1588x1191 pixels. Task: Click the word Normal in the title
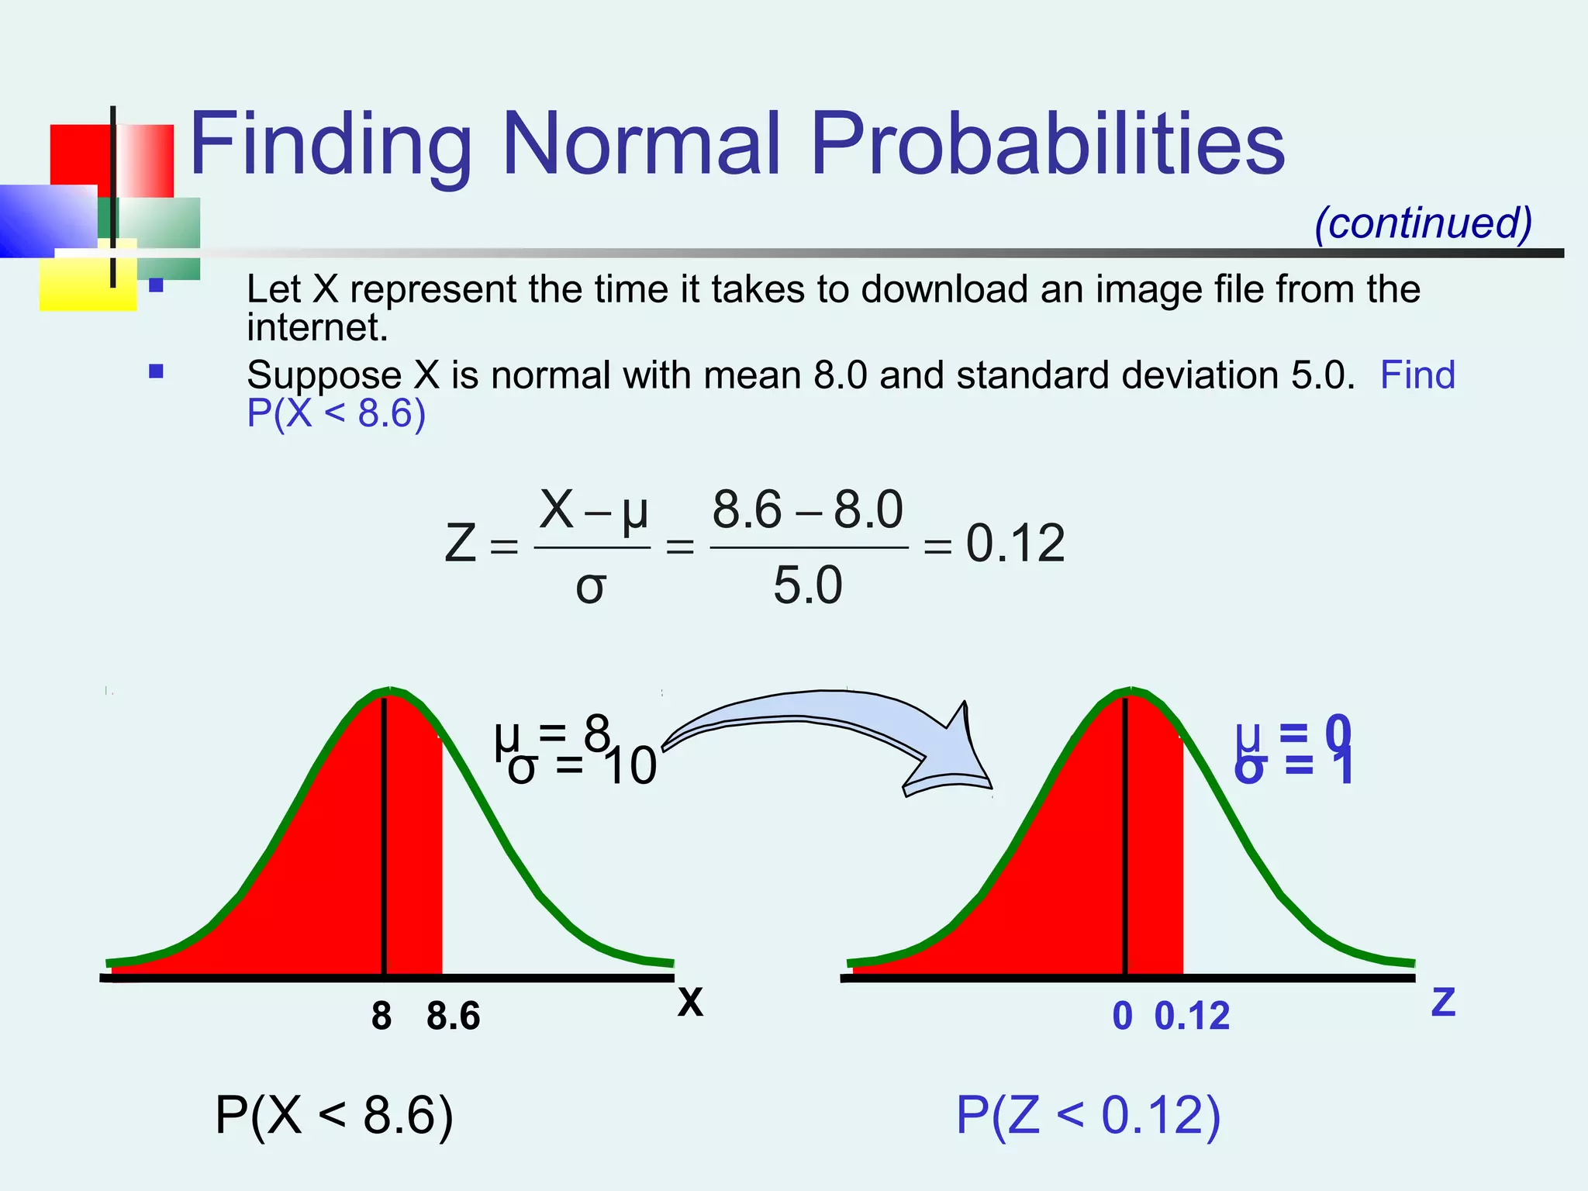[x=640, y=144]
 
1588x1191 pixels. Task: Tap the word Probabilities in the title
[x=1047, y=144]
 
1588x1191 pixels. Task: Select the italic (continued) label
[x=1423, y=223]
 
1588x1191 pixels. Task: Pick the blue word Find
[x=1417, y=375]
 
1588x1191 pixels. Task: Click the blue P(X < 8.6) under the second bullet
[x=336, y=413]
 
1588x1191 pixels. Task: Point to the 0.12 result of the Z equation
[x=1015, y=544]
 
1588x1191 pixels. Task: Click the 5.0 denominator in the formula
[x=807, y=585]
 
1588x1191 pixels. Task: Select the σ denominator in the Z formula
[x=590, y=587]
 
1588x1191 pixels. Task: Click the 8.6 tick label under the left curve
[x=453, y=1016]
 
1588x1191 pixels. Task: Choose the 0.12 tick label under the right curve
[x=1192, y=1016]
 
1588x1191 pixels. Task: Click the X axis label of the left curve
[x=690, y=1002]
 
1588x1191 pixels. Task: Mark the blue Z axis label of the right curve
[x=1443, y=1002]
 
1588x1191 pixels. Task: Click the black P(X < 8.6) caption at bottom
[x=334, y=1116]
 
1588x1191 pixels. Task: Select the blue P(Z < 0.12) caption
[x=1088, y=1116]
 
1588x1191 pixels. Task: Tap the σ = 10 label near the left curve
[x=582, y=767]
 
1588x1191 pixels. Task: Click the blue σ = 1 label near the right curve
[x=1293, y=767]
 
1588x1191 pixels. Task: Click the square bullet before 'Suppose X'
[x=156, y=371]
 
